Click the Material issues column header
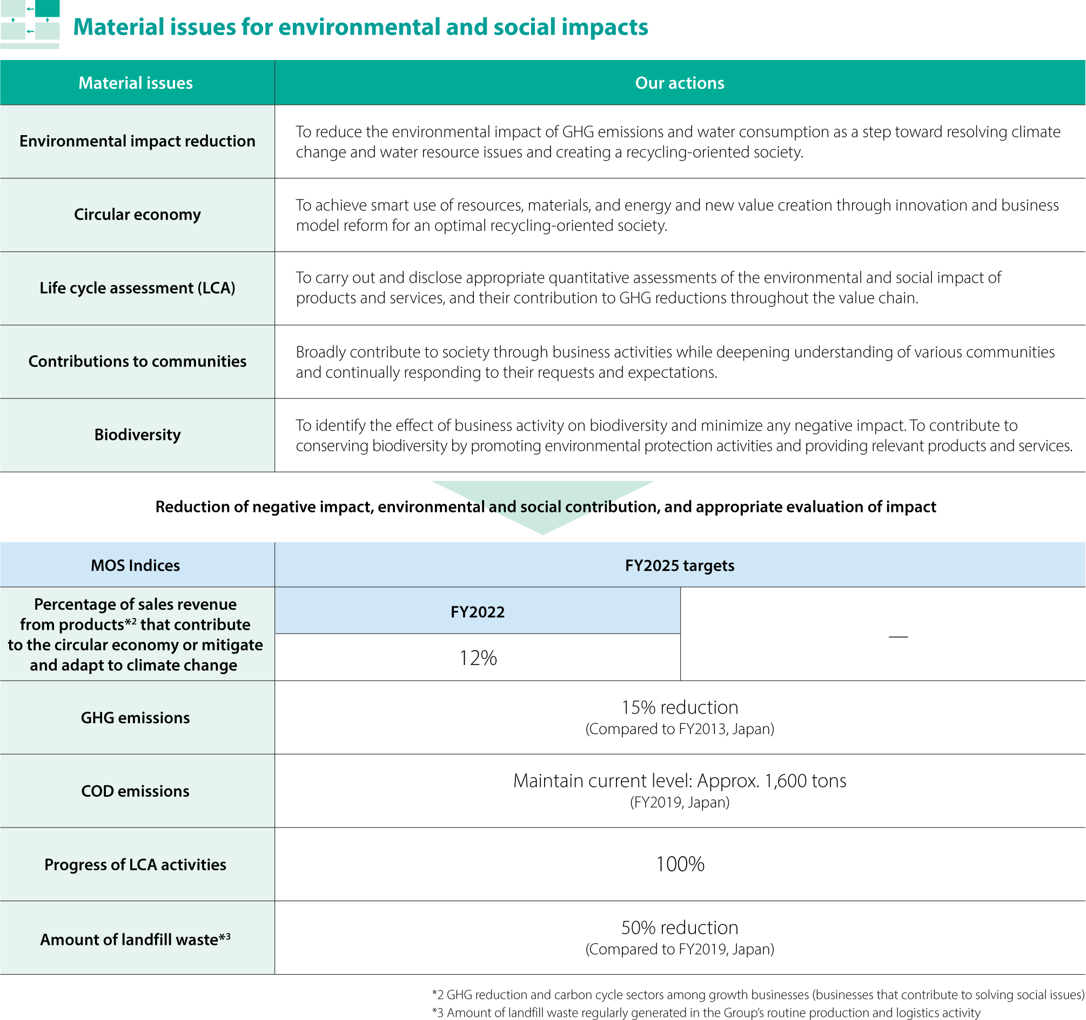(x=136, y=83)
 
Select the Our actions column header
(x=679, y=83)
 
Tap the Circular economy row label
(x=137, y=214)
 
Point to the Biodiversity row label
(x=137, y=435)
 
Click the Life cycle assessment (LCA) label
(x=137, y=288)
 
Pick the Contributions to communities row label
(x=137, y=361)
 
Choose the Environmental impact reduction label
(x=137, y=141)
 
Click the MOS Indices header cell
(x=136, y=565)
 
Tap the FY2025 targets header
(x=679, y=565)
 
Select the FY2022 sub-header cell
(x=478, y=612)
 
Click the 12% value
(x=478, y=658)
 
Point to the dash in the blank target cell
(x=898, y=636)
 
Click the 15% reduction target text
(x=679, y=708)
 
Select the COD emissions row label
(x=136, y=791)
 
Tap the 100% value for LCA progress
(x=679, y=864)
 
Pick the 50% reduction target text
(x=679, y=928)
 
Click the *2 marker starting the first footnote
(x=438, y=994)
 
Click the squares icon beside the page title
(x=30, y=24)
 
